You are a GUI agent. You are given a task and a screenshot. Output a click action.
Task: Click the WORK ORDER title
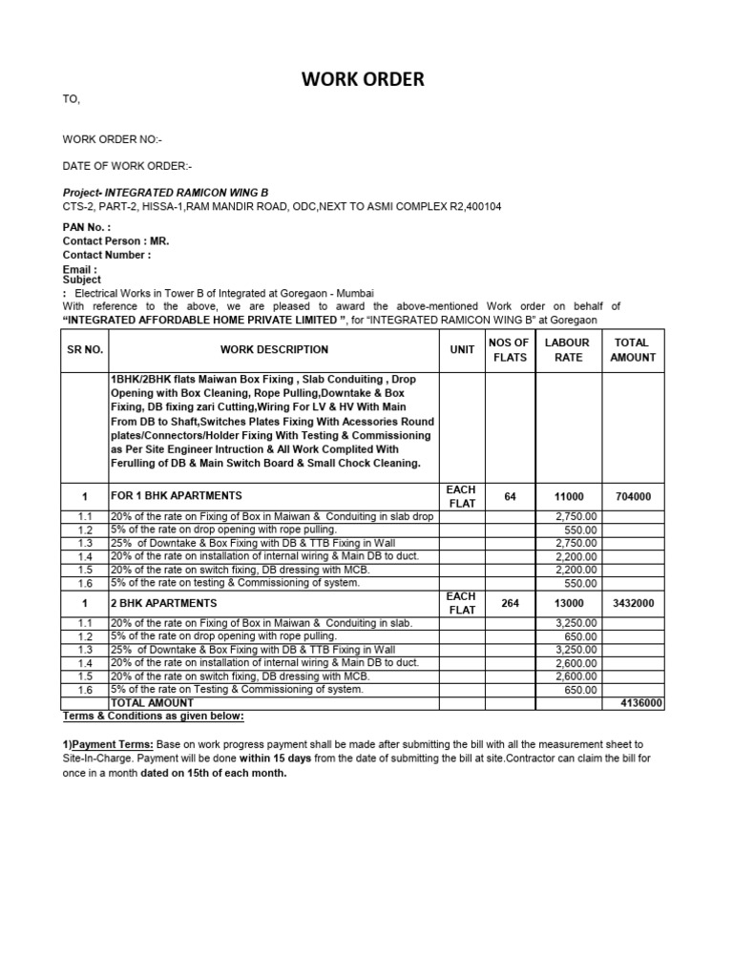click(363, 80)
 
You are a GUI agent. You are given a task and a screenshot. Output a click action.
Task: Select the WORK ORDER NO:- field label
click(113, 139)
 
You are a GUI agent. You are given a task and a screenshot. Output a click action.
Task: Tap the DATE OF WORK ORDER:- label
click(127, 165)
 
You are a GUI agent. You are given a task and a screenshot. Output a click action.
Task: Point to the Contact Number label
click(107, 255)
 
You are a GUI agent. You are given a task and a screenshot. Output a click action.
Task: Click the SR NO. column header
click(84, 350)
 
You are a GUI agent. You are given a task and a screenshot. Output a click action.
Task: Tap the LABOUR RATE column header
click(567, 350)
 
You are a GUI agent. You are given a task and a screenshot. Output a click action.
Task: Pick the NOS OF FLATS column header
click(508, 350)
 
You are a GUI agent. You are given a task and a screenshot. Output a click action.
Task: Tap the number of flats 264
click(510, 603)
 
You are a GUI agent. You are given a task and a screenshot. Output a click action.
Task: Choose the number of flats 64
click(510, 496)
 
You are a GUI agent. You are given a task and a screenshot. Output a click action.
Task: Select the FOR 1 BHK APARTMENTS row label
click(177, 496)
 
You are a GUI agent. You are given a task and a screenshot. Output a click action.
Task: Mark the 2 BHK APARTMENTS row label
click(164, 603)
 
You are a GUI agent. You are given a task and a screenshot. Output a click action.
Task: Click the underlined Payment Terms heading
click(107, 744)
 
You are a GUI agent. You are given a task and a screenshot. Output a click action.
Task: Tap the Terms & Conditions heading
click(153, 716)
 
